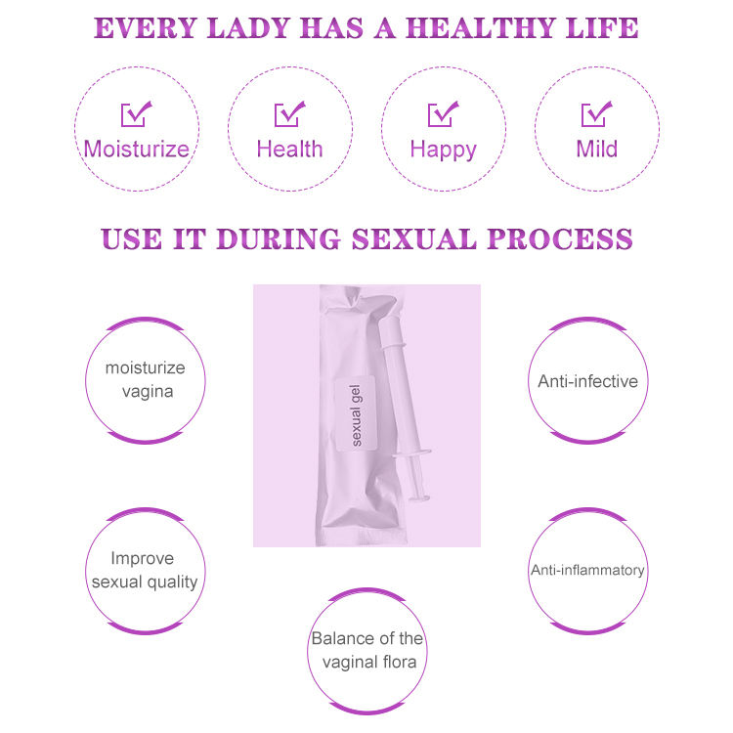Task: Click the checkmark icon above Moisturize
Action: [136, 114]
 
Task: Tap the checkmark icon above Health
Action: [289, 114]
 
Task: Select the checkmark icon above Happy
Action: [443, 114]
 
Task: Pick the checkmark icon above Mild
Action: [596, 114]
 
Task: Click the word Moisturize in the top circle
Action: [136, 150]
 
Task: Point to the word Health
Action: [289, 150]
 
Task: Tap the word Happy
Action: [443, 150]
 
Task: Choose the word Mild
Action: [596, 150]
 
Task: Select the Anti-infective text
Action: [587, 380]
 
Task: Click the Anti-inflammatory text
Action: [587, 570]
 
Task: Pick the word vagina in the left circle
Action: [147, 392]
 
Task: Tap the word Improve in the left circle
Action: [143, 559]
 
